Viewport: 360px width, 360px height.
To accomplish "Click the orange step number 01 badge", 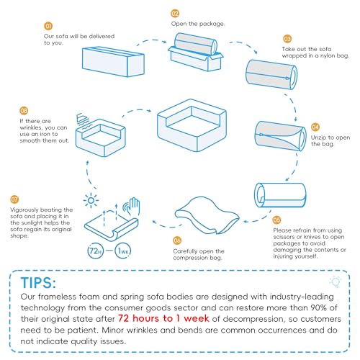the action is (48, 26).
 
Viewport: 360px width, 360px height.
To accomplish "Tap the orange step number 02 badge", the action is (175, 14).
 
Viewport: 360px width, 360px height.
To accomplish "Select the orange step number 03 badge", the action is (287, 39).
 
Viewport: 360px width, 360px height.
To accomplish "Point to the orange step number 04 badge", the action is (315, 127).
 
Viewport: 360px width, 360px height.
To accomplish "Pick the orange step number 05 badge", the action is (276, 220).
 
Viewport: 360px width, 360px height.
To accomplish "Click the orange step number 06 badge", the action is (177, 240).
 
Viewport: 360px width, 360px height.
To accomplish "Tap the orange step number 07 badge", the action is (14, 199).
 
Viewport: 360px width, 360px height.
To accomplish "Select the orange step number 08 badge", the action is (24, 111).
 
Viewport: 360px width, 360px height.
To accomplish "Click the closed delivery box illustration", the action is (113, 62).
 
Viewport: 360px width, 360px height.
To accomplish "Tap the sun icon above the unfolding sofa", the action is (91, 200).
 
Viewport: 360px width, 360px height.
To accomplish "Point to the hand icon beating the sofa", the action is (132, 206).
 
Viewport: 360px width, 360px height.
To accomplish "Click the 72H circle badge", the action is (95, 251).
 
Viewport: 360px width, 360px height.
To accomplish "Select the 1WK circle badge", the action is (123, 251).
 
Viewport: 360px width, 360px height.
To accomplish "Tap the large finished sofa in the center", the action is (192, 125).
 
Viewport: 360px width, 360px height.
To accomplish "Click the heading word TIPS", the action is (38, 283).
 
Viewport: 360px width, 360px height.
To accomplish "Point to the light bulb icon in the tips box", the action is (336, 282).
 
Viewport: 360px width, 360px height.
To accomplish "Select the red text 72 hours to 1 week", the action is (163, 318).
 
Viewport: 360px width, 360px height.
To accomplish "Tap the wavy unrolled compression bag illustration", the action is (207, 215).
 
